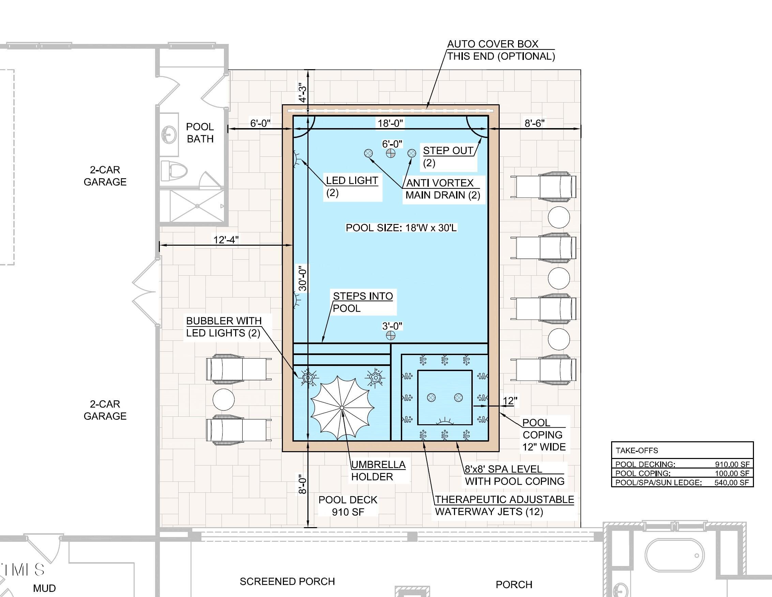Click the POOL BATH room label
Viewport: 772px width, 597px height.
[200, 133]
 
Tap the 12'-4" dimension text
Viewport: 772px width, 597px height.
[226, 240]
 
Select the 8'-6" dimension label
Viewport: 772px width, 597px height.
[534, 123]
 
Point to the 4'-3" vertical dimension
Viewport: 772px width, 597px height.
[303, 93]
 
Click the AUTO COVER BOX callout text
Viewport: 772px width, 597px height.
[501, 50]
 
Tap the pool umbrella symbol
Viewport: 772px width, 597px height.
[342, 408]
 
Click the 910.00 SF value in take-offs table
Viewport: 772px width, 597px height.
[732, 464]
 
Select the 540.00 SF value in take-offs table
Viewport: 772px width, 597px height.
[732, 483]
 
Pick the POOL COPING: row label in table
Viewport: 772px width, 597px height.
[642, 473]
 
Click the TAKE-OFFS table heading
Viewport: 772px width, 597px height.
[637, 450]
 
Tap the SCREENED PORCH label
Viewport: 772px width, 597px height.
[287, 581]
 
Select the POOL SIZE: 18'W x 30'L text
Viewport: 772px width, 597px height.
[401, 228]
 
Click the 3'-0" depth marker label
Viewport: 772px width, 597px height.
[392, 326]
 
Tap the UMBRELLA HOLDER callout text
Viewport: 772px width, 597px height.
[378, 471]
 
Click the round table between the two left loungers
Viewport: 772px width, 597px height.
[223, 399]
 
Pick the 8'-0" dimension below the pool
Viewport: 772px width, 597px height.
[303, 484]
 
